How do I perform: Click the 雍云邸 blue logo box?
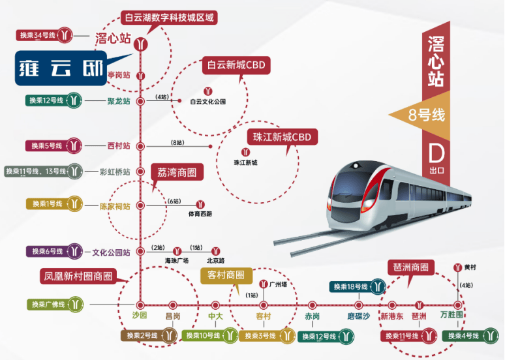tap(61, 68)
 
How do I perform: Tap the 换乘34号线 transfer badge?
tap(44, 35)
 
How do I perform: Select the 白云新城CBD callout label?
tap(236, 65)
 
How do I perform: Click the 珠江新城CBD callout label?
tap(282, 137)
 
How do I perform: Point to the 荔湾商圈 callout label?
tap(177, 172)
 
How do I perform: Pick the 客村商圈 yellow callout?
tap(226, 275)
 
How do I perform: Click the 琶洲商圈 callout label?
tap(410, 267)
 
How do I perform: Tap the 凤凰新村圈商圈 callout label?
tap(78, 277)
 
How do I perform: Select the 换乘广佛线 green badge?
tap(55, 305)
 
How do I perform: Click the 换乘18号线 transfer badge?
tap(358, 286)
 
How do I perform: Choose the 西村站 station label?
tap(119, 146)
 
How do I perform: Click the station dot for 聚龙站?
tap(140, 102)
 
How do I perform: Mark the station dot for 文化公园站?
tap(140, 251)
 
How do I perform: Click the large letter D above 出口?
tap(436, 153)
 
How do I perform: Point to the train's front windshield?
tap(350, 186)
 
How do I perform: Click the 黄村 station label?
tap(470, 267)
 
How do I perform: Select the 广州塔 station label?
tap(278, 284)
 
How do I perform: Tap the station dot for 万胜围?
tap(457, 305)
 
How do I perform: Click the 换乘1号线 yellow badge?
tap(54, 204)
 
